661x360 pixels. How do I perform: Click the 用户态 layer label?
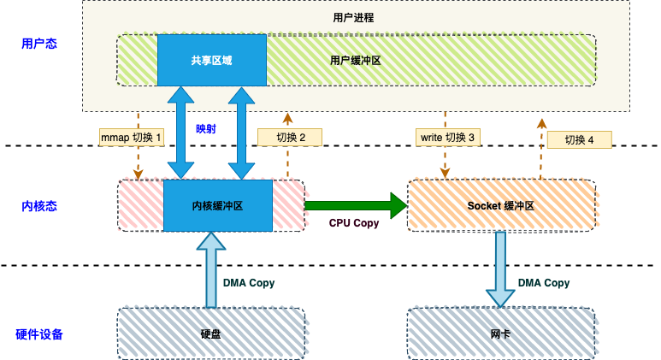38,43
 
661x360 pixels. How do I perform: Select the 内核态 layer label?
38,206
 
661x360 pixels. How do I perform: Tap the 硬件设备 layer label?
38,333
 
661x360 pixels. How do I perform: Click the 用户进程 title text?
352,17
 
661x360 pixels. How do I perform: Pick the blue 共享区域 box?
211,61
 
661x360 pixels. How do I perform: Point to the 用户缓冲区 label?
355,62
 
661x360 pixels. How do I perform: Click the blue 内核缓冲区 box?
217,205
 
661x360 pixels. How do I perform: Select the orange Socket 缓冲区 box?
501,205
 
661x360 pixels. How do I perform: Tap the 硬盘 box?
210,333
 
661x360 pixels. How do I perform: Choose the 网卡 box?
501,333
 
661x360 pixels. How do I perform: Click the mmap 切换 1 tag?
131,137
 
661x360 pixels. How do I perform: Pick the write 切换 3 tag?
446,137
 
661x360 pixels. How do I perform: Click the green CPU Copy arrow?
355,205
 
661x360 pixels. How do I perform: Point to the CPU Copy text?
353,223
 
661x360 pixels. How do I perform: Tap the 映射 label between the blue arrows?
206,129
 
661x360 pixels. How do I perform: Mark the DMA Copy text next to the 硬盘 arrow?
249,283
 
